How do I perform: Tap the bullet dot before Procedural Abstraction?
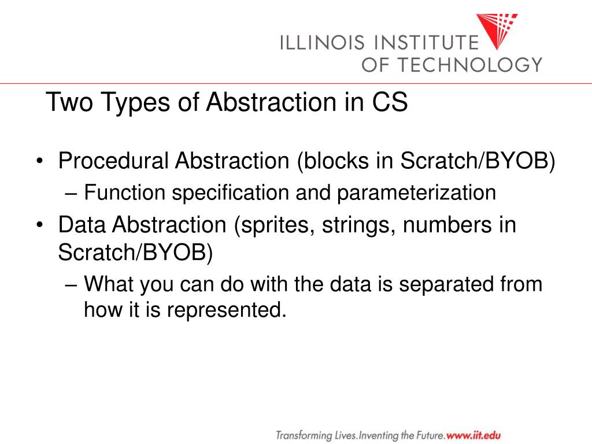click(x=39, y=162)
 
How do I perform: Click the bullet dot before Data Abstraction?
click(x=39, y=225)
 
